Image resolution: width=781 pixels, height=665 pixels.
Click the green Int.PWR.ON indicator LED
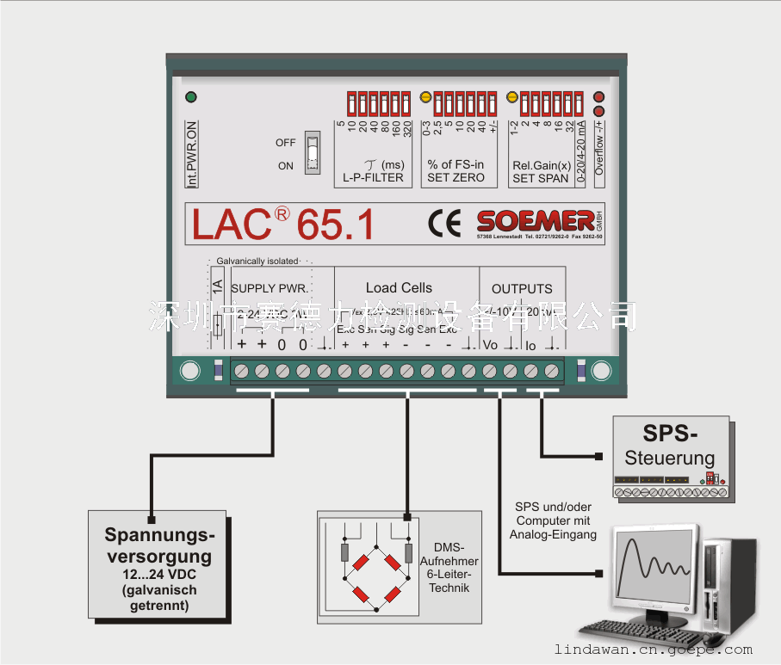click(x=191, y=97)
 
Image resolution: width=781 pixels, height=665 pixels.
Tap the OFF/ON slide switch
click(x=313, y=154)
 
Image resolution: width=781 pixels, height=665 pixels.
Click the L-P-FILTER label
click(x=368, y=178)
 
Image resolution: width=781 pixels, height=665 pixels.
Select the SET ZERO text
click(x=456, y=178)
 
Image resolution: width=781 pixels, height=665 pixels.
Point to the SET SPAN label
click(x=540, y=178)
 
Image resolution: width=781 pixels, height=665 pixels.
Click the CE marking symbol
click(x=444, y=222)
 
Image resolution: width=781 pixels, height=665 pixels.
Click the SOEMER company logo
click(x=535, y=219)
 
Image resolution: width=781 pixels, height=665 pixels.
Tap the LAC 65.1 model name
click(x=282, y=224)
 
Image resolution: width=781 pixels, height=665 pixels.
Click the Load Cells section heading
click(x=399, y=288)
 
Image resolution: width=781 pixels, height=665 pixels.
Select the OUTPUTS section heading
click(x=522, y=289)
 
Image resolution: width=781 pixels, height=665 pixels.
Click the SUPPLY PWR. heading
click(x=270, y=289)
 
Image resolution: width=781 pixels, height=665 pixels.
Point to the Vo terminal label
click(x=491, y=345)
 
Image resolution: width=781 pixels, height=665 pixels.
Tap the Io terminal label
click(x=530, y=345)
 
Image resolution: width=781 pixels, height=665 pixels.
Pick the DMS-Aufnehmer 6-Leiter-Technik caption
click(x=449, y=568)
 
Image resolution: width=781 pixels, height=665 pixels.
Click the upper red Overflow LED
click(x=599, y=97)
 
